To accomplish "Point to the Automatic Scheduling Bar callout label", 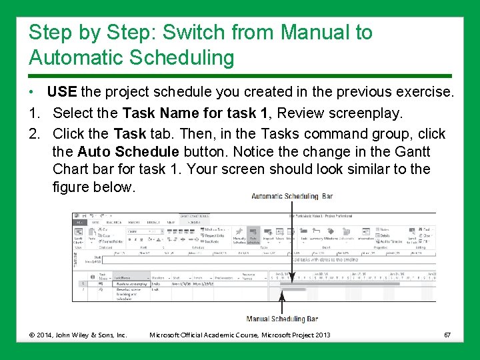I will (292, 197).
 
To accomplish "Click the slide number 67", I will (447, 334).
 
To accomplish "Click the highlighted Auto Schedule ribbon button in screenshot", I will (253, 237).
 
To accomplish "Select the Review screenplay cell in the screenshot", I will (131, 283).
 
